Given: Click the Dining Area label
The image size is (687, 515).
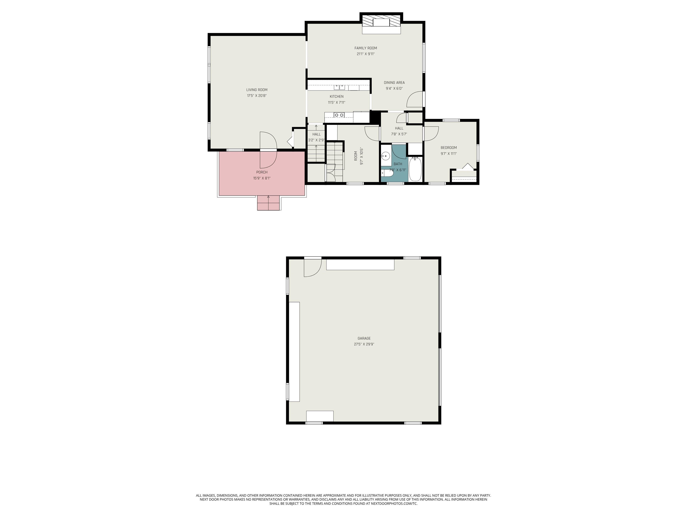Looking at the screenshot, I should [394, 82].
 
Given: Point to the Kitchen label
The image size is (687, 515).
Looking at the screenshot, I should [337, 97].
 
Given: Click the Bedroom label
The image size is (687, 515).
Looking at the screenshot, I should [448, 148].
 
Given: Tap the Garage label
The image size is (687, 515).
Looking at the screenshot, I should [364, 338].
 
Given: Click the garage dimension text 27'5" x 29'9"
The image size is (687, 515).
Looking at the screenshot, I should [364, 344].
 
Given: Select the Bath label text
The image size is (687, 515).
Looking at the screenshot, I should [398, 164].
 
